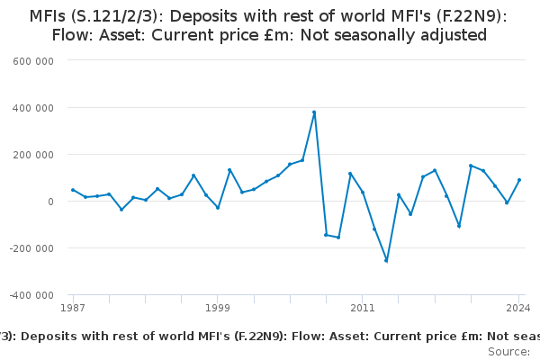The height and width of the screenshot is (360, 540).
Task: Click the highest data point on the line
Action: pos(314,112)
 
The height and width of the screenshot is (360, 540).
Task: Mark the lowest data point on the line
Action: pos(386,261)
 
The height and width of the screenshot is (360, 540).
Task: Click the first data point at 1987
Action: pos(73,190)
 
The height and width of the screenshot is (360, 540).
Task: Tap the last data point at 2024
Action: pos(519,180)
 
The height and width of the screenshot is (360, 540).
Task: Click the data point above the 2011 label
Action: pos(363,193)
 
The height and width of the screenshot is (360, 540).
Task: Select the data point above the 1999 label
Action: pos(218,208)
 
